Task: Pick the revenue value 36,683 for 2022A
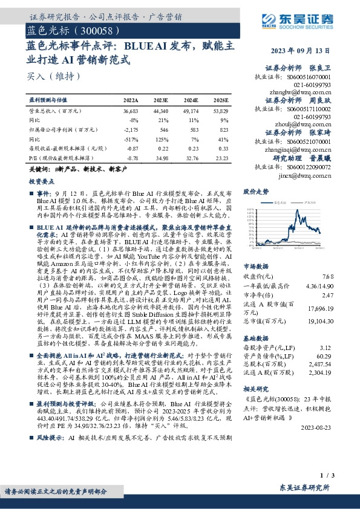(x=130, y=112)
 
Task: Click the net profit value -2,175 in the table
(x=131, y=129)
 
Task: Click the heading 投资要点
(x=42, y=181)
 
